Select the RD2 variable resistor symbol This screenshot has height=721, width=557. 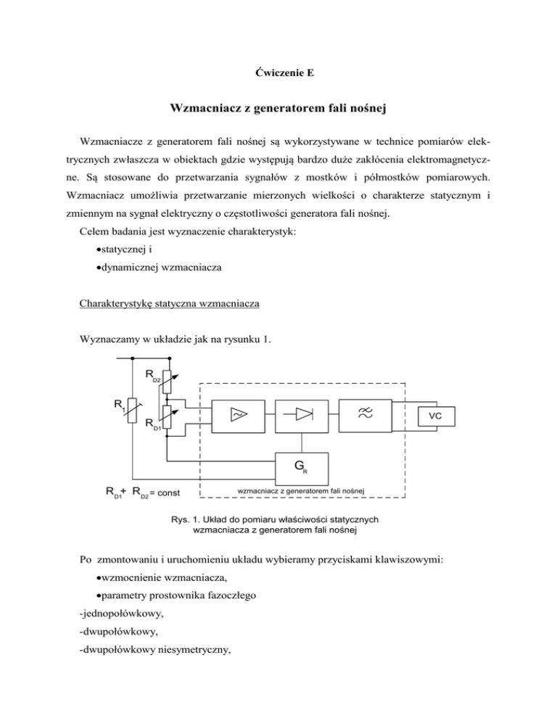tap(167, 379)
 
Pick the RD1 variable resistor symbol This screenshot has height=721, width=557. tap(167, 417)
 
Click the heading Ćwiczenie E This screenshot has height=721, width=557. tap(278, 73)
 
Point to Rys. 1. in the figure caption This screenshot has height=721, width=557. tap(186, 519)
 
